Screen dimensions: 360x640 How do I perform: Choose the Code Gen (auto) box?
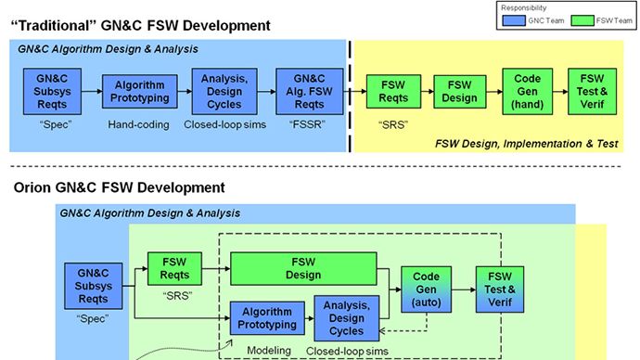[x=426, y=285]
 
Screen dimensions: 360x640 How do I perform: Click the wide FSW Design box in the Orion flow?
[x=302, y=268]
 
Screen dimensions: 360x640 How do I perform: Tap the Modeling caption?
[x=263, y=350]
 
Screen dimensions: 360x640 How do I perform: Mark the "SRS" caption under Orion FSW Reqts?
[x=174, y=294]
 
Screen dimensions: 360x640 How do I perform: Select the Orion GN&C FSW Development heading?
[x=120, y=188]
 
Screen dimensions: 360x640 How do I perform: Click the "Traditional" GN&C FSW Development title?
[x=140, y=25]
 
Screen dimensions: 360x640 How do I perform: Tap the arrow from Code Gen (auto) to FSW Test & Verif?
[x=463, y=285]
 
